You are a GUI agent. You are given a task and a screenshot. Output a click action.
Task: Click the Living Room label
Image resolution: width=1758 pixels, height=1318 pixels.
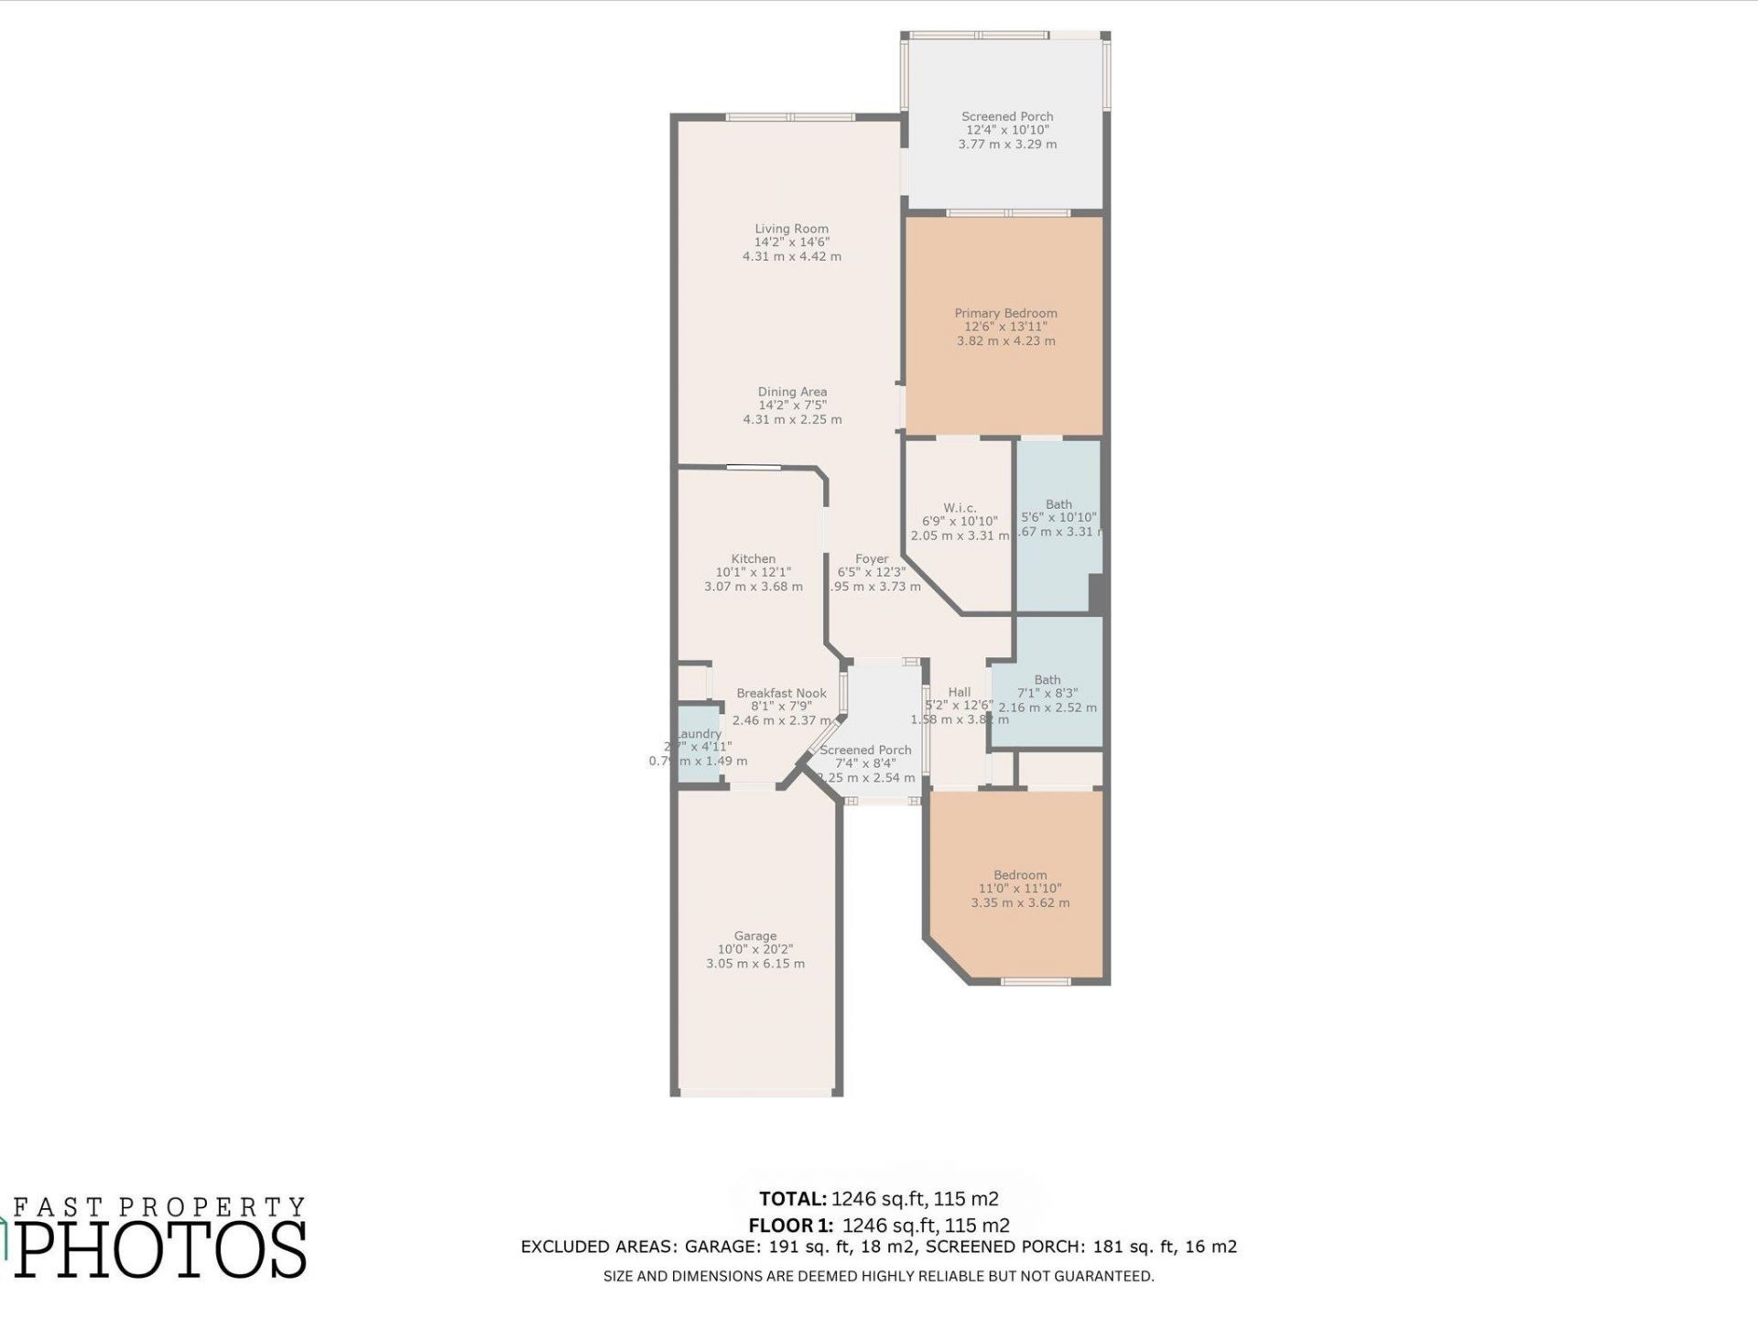(x=791, y=229)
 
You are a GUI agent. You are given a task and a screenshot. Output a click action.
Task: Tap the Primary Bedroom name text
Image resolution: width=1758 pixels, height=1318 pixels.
(x=1005, y=313)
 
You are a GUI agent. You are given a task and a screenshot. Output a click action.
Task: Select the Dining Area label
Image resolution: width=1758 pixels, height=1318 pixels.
(x=792, y=392)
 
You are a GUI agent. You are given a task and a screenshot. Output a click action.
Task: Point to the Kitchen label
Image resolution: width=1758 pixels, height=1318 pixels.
(x=753, y=558)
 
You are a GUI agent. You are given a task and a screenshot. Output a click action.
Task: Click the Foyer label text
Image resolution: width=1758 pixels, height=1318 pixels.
(x=872, y=558)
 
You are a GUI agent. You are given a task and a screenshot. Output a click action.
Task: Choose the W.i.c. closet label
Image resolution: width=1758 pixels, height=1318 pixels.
(x=960, y=508)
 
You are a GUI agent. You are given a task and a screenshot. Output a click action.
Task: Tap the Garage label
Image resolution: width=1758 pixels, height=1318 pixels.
(x=755, y=935)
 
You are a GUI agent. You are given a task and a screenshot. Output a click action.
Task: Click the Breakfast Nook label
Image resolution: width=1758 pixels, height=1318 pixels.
(x=781, y=693)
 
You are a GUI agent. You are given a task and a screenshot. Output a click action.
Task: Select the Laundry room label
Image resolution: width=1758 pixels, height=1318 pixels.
(x=700, y=733)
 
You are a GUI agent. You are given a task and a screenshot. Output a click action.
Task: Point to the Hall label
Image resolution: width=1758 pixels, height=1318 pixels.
(x=959, y=692)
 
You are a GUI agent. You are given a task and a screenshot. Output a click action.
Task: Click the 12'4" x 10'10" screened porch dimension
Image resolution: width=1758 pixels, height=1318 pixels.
(x=1007, y=130)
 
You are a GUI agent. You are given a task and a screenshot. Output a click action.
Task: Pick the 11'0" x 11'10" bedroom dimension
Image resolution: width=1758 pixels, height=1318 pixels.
(x=1020, y=888)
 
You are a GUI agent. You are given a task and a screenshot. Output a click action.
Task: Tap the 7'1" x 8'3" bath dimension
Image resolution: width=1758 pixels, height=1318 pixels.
(x=1047, y=693)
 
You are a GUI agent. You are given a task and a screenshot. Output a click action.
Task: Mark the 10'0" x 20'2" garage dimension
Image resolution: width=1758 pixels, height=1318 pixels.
(x=755, y=949)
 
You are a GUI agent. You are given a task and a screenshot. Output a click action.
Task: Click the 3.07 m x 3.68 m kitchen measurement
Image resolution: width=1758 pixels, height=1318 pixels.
(x=753, y=586)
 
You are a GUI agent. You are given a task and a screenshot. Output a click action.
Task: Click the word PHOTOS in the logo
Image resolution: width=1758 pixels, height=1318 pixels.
(x=161, y=1249)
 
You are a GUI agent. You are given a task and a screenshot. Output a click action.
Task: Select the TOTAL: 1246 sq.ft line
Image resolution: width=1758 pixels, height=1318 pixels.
(x=878, y=1198)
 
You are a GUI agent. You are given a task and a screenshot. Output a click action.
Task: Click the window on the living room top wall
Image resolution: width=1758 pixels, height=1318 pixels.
(x=790, y=117)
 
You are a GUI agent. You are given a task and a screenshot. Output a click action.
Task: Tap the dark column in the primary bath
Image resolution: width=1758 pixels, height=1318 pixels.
(x=1096, y=593)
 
